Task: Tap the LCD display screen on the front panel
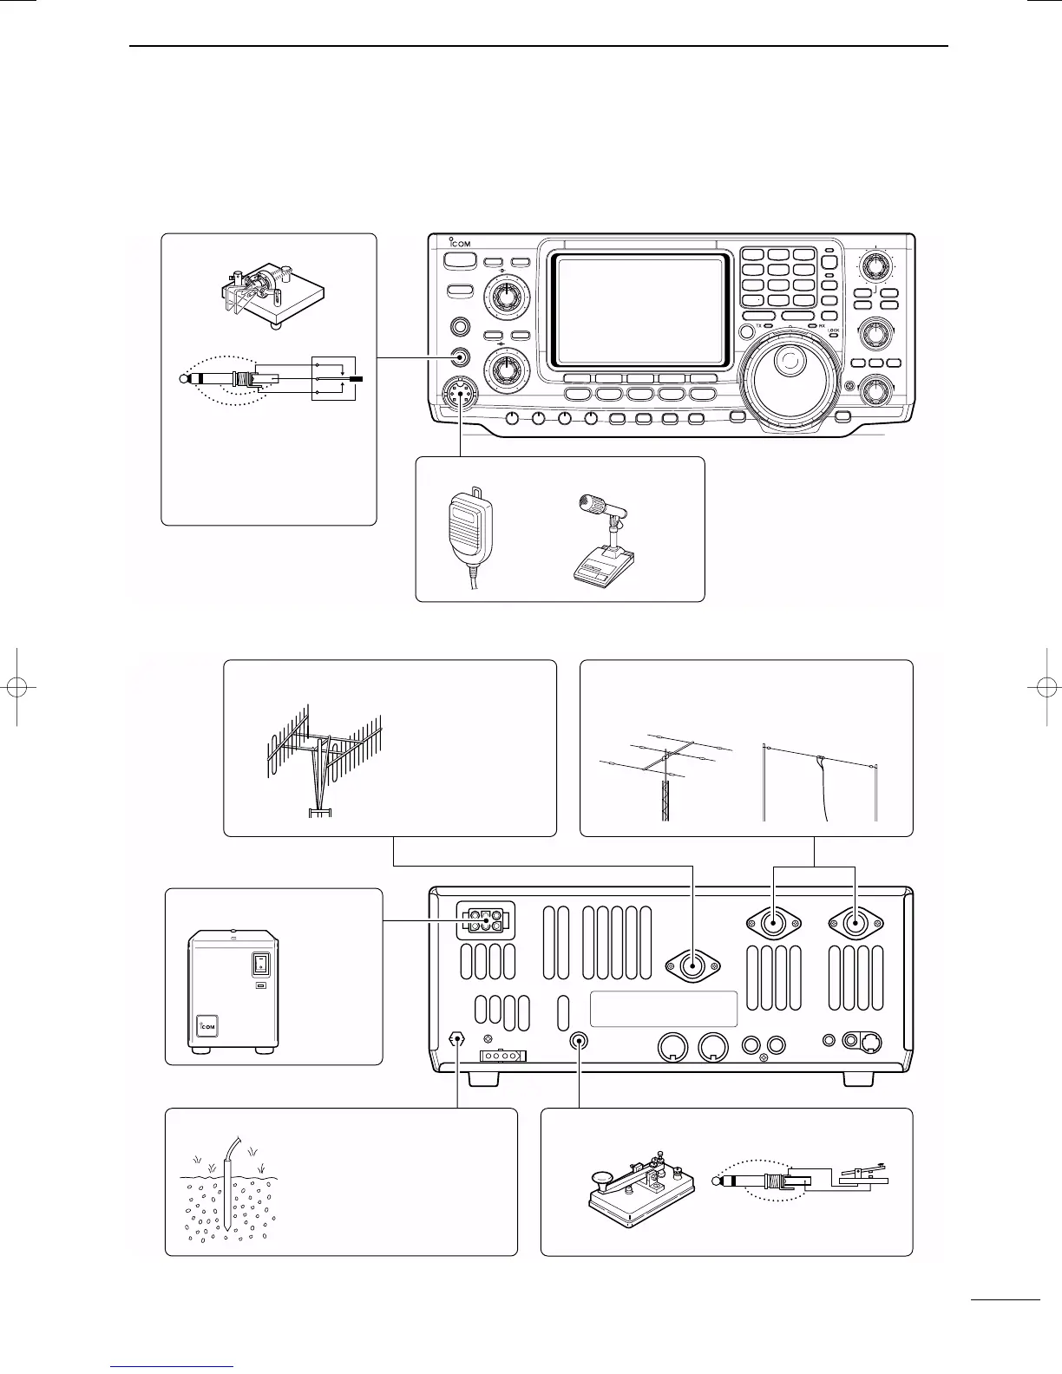[x=639, y=310]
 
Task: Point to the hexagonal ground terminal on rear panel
[x=457, y=1039]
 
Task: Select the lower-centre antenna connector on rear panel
[x=692, y=965]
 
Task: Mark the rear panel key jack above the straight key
[x=579, y=1040]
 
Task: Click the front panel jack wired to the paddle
[x=461, y=357]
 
